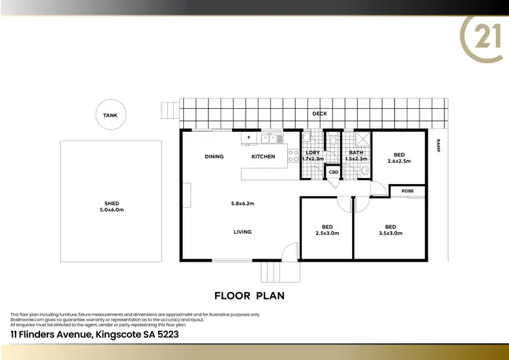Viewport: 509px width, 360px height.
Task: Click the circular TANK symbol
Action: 110,115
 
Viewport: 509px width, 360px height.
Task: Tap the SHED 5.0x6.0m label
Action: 111,206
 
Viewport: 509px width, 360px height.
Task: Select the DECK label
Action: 320,114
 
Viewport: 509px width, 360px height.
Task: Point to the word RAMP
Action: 438,145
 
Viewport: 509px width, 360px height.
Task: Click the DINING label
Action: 214,157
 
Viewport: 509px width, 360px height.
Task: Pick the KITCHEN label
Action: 263,157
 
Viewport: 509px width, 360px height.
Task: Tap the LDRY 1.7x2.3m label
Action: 313,156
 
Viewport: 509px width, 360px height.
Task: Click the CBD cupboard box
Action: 333,173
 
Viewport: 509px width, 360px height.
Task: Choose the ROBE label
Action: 407,191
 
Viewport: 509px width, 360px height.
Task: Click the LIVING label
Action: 242,232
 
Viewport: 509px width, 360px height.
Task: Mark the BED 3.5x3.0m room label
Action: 390,230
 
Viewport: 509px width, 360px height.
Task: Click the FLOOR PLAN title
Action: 249,295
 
